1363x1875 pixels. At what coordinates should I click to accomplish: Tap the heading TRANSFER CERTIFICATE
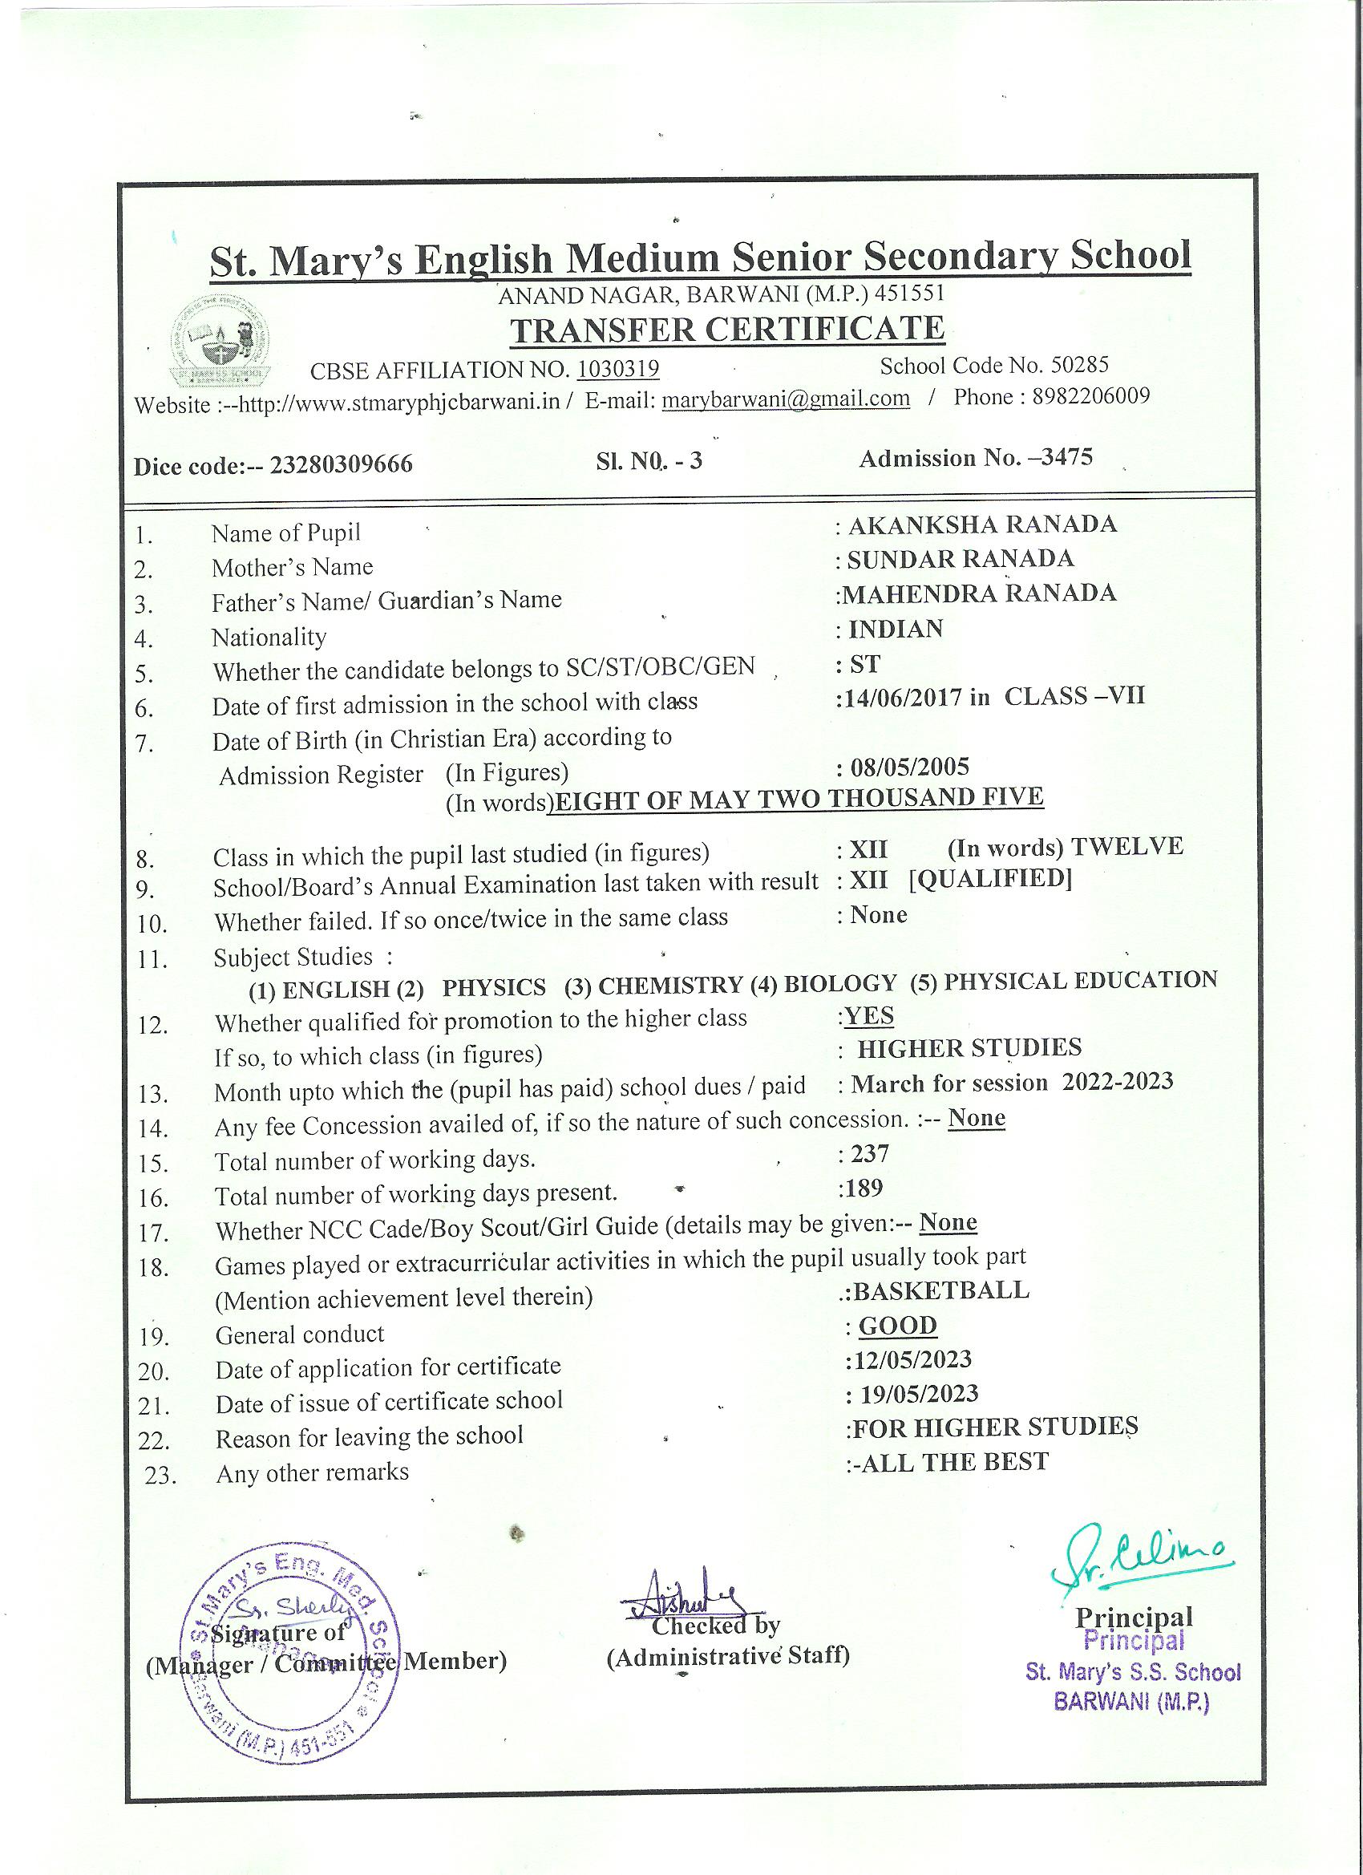coord(727,329)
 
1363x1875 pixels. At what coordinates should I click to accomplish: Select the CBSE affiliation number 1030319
coord(617,369)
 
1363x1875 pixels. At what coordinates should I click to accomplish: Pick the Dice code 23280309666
coord(342,464)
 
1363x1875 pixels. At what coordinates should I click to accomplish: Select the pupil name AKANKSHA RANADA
coord(981,524)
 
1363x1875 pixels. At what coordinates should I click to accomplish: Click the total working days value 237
coord(870,1152)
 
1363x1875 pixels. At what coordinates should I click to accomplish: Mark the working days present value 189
coord(864,1188)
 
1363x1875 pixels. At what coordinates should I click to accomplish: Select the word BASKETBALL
coord(940,1290)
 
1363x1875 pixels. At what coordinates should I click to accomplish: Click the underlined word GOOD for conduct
coord(898,1325)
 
